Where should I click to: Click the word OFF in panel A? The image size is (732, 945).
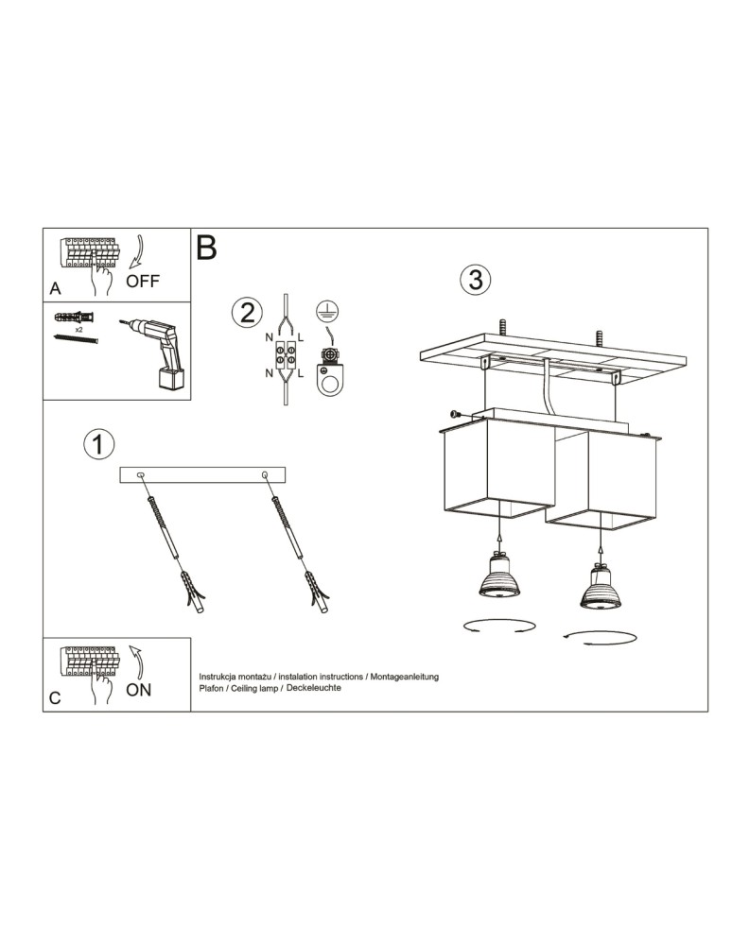[144, 281]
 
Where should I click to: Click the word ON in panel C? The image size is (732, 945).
[138, 690]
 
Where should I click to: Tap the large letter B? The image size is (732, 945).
[206, 248]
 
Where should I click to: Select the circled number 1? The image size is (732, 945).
[98, 443]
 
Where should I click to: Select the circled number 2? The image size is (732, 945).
[247, 313]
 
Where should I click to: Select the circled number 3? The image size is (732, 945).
[475, 279]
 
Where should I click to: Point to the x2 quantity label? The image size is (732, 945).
[78, 329]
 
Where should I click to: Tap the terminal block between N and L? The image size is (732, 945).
[285, 357]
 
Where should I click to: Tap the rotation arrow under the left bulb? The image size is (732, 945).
[494, 626]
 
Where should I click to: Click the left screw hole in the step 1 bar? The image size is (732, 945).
[142, 474]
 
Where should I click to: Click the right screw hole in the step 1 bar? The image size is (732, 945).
[265, 474]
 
